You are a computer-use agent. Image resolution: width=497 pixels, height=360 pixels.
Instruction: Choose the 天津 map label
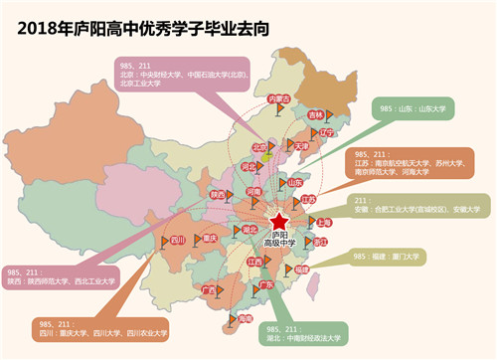(299, 145)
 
